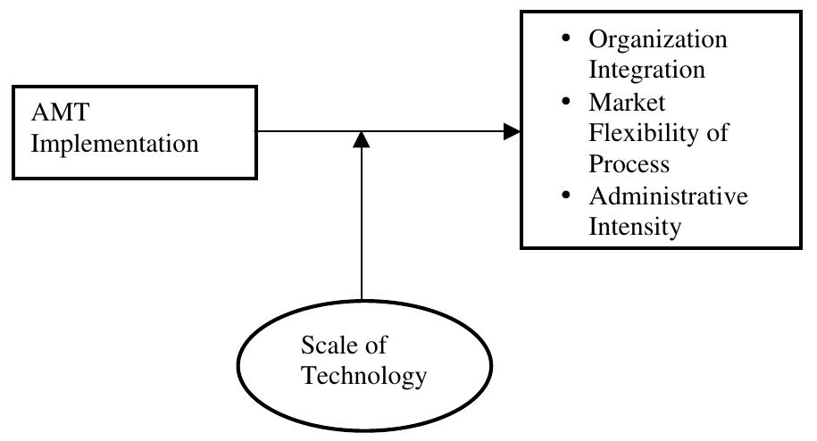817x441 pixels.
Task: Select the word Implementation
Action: click(115, 144)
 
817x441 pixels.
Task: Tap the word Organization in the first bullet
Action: click(657, 41)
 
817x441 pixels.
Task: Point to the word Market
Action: click(627, 103)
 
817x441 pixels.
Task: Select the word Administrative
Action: click(668, 196)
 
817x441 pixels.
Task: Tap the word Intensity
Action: click(634, 226)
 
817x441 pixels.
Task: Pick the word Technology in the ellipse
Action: click(363, 375)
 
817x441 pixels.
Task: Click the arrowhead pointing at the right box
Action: click(511, 132)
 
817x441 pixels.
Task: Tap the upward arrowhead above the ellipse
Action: click(362, 141)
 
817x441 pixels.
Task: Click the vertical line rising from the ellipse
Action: click(362, 223)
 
